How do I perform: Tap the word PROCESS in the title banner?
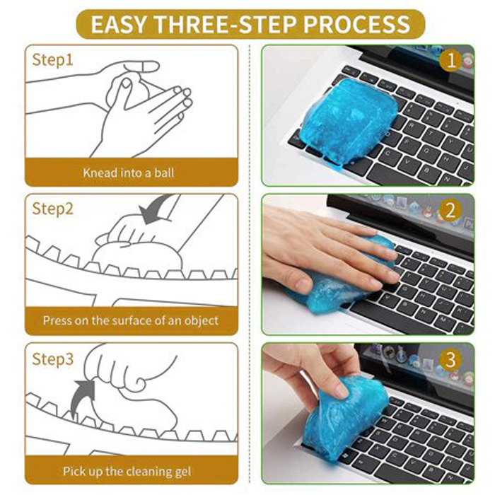356,24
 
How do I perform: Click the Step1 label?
52,60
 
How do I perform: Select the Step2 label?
53,209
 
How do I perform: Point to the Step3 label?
53,359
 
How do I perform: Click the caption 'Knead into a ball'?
129,173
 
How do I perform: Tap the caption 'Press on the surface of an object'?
131,320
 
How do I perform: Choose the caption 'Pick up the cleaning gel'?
127,472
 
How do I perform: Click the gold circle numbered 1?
451,60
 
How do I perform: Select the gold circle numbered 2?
450,210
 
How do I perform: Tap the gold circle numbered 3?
450,359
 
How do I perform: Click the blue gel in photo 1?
348,122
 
